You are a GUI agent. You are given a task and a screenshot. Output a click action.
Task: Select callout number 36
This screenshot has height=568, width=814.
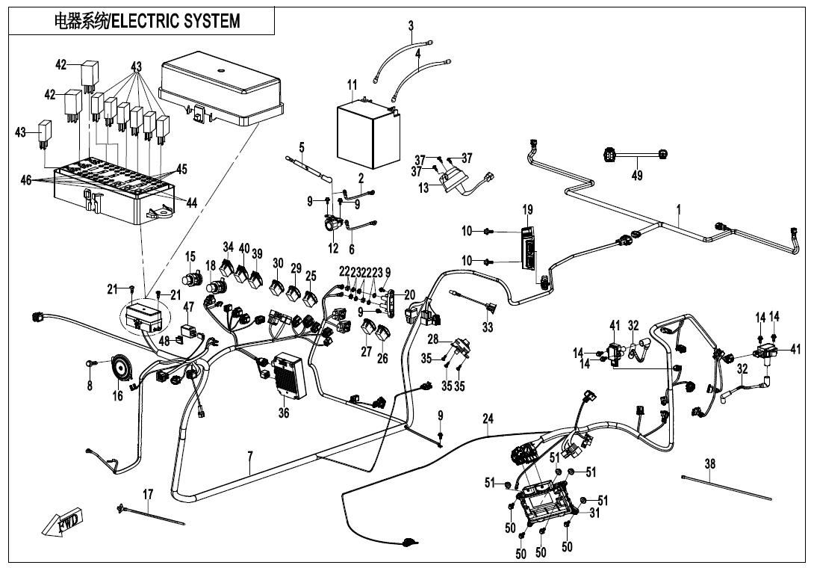[x=284, y=413]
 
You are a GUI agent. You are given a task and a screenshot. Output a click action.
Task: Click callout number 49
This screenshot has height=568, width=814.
[x=636, y=176]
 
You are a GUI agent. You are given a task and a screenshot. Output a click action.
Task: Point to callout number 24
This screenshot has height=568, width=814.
[x=488, y=420]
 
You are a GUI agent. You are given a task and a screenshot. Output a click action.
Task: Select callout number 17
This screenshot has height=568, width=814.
[x=148, y=494]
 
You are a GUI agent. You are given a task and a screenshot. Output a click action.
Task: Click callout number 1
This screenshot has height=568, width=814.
[x=679, y=212]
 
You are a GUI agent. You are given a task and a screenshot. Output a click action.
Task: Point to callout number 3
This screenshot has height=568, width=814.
[x=411, y=27]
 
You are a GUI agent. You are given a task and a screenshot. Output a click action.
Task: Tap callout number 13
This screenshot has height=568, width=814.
[x=423, y=188]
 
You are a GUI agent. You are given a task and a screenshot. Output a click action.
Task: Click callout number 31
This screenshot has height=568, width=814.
[x=594, y=513]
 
